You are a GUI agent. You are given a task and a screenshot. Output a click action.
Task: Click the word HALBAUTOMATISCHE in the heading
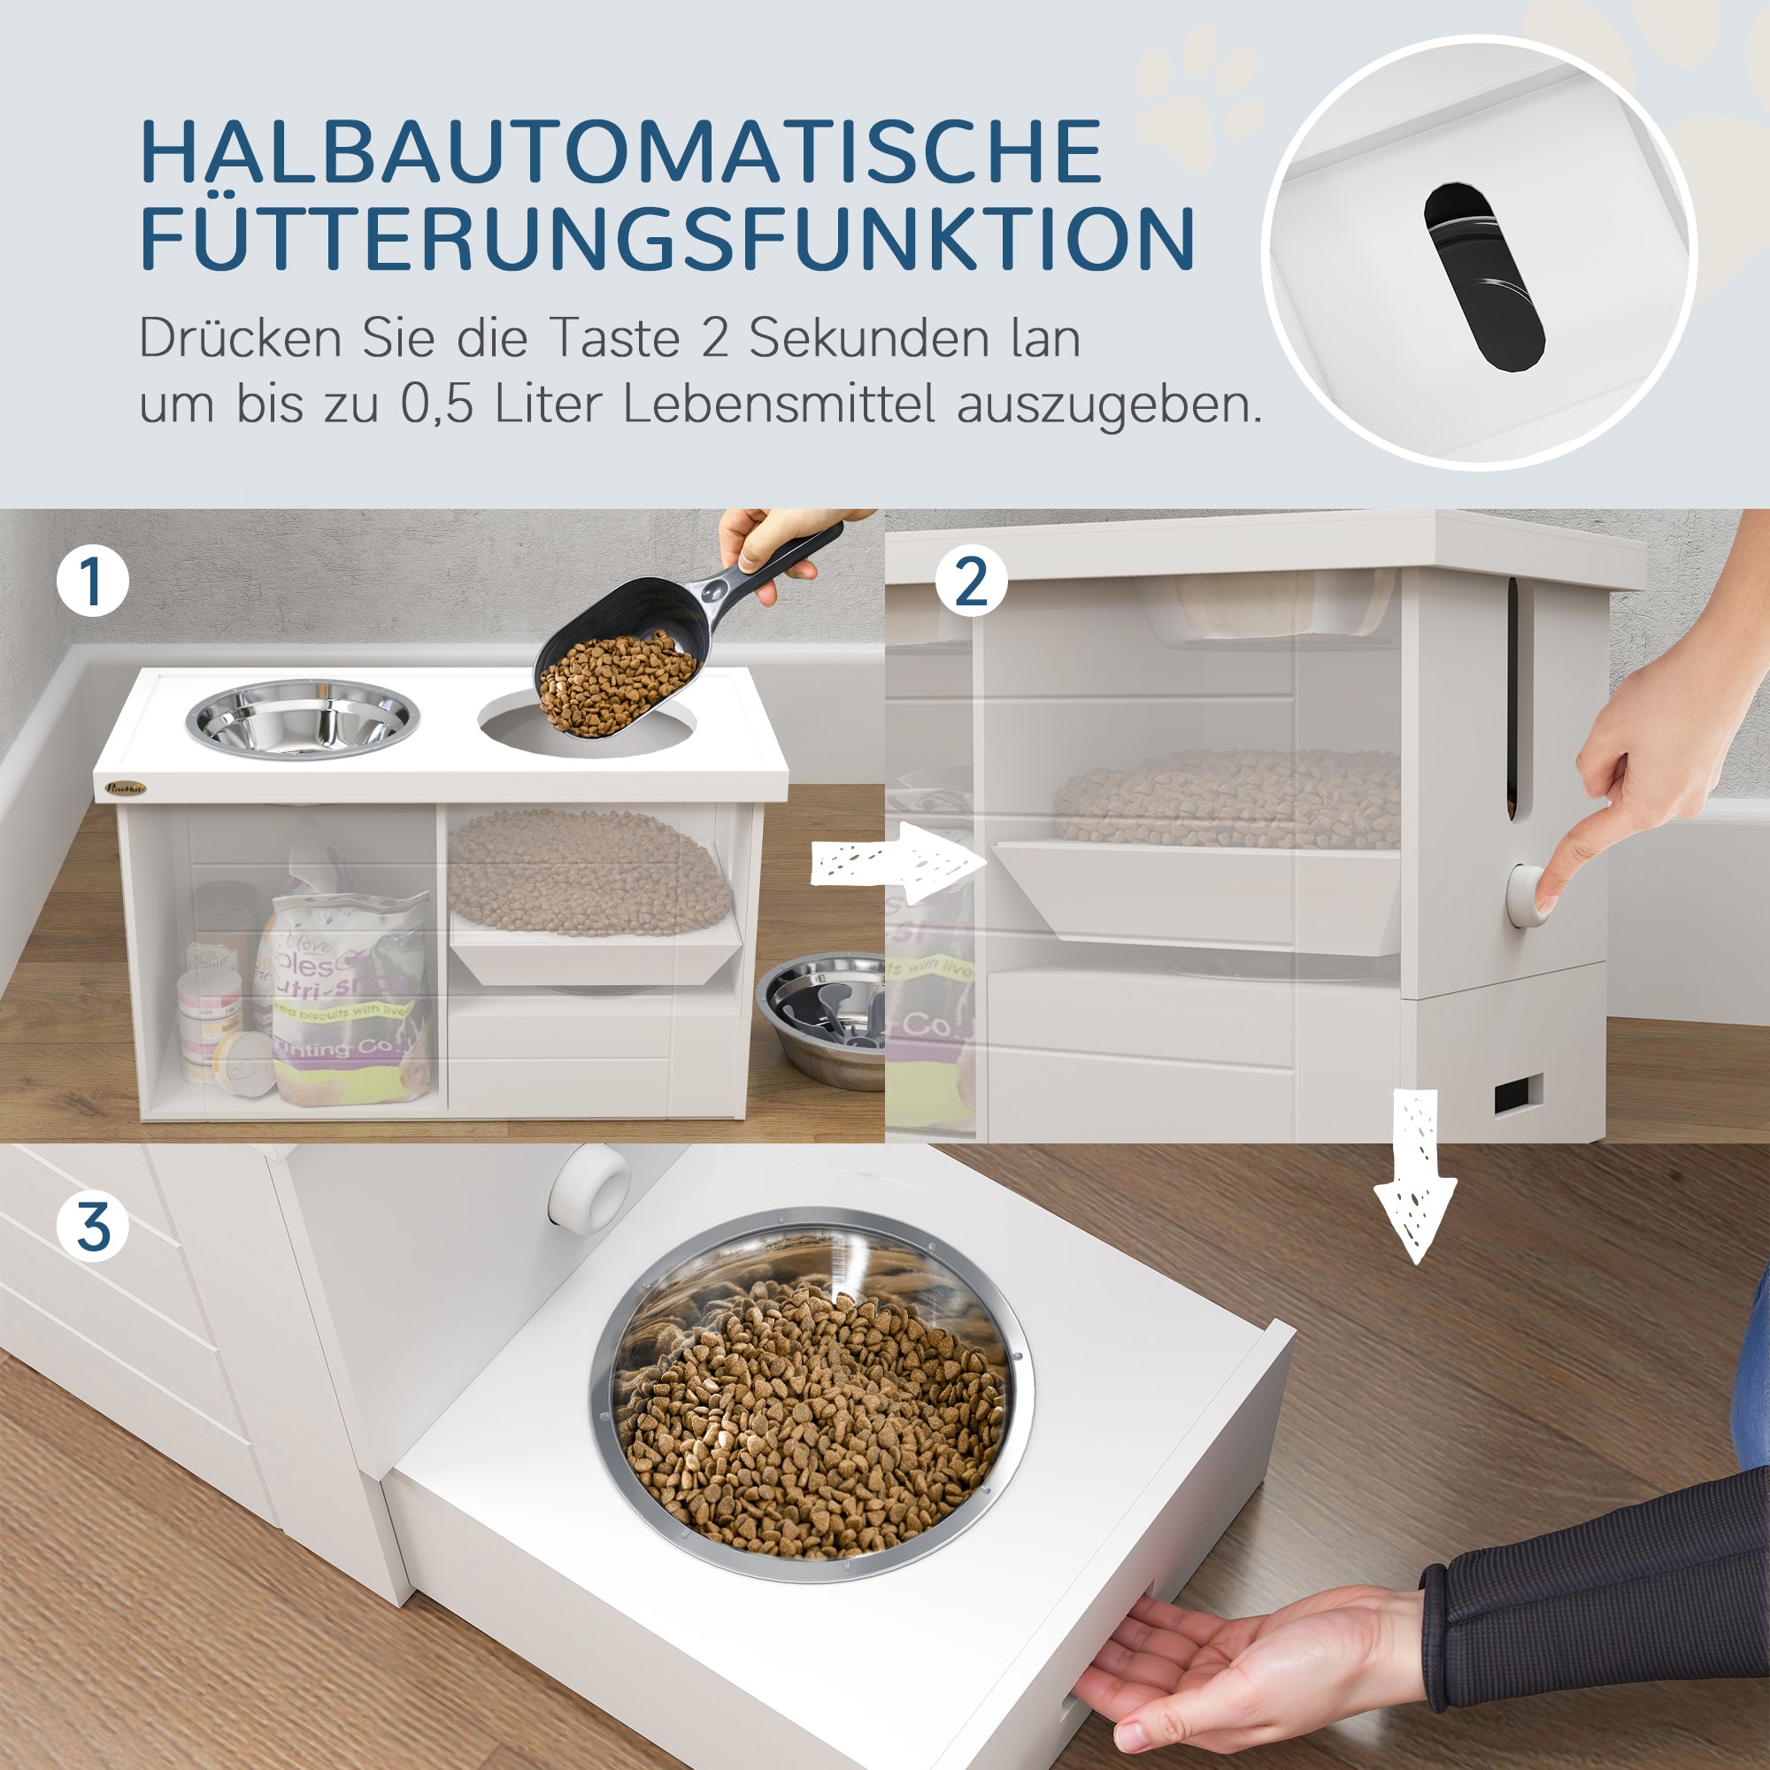click(x=621, y=152)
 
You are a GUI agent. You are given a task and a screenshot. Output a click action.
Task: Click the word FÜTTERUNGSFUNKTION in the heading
click(x=667, y=238)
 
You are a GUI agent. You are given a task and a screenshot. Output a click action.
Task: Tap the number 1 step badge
click(x=93, y=581)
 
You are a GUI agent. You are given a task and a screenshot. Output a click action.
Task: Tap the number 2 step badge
click(x=971, y=581)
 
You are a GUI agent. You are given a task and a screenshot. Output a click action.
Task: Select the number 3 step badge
click(x=93, y=1227)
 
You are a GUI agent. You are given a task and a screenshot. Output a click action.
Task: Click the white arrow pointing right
click(x=897, y=862)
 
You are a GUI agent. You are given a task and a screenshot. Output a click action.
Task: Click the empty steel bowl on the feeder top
click(x=303, y=720)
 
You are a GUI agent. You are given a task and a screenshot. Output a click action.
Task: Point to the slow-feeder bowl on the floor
click(x=820, y=1017)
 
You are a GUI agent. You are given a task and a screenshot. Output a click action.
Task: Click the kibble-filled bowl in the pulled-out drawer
click(x=811, y=1397)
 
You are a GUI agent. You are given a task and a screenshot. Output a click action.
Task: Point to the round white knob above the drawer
click(x=589, y=1186)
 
